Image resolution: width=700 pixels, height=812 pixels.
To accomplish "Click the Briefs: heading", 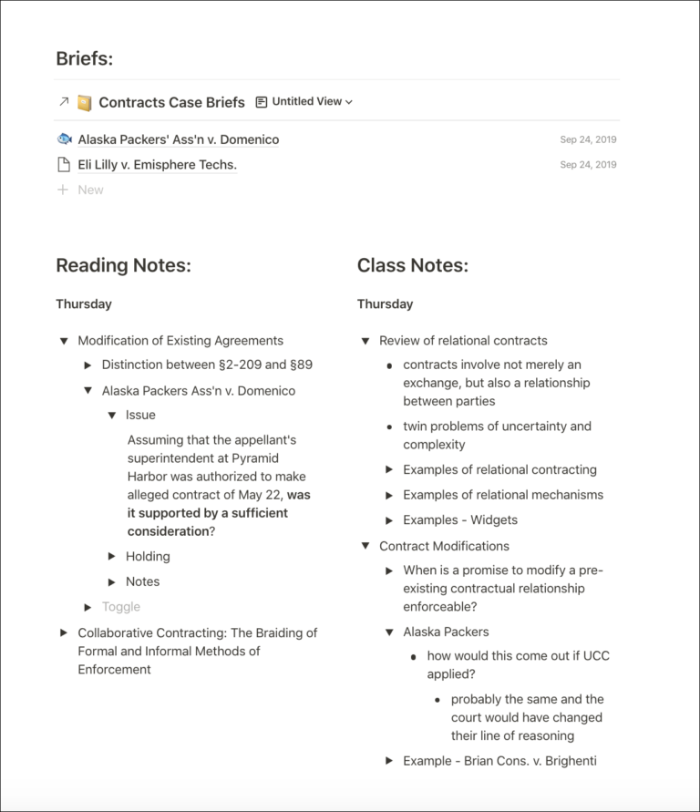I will click(85, 58).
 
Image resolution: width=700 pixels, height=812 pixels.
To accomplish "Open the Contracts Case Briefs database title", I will click(171, 102).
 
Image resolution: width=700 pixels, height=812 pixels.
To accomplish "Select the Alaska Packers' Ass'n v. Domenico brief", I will click(179, 139).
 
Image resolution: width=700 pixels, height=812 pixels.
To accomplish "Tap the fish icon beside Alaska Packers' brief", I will click(64, 139).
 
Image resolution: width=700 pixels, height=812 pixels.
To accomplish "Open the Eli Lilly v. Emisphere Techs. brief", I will click(157, 165).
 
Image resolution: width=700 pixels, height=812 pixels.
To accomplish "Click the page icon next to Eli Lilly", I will click(64, 165).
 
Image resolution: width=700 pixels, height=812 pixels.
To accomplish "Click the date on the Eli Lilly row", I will click(588, 165).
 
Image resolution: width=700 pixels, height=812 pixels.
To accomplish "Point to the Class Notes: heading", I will click(412, 265).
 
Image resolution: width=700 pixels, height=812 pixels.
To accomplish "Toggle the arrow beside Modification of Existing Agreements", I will click(64, 341).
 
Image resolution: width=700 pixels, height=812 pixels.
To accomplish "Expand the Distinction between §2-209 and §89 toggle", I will click(88, 365).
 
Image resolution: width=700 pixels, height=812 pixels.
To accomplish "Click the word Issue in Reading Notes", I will click(140, 415).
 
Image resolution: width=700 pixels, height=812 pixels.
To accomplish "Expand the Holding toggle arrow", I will click(112, 556).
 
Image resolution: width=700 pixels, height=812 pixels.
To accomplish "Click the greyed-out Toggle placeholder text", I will click(121, 607).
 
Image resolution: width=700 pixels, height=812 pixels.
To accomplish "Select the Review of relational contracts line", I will click(463, 341).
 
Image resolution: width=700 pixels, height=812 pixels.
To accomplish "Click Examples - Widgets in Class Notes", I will click(460, 519).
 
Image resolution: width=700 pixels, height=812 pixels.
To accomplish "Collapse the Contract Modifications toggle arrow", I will click(365, 546).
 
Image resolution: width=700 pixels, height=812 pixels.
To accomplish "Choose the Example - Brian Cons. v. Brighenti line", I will click(499, 760).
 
